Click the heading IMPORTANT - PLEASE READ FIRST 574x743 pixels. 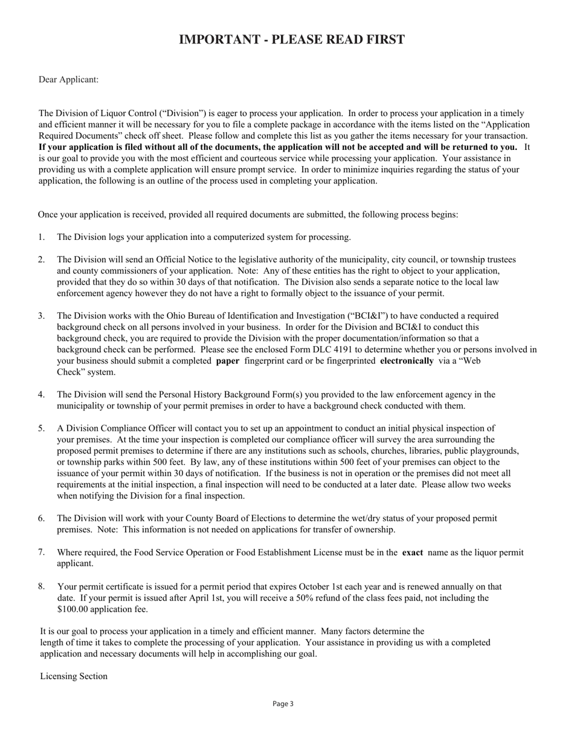pyautogui.click(x=292, y=40)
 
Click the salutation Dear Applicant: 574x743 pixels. pyautogui.click(x=68, y=80)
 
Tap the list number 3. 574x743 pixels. pyautogui.click(x=42, y=316)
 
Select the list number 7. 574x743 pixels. pyautogui.click(x=42, y=552)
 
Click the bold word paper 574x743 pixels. pyautogui.click(x=227, y=361)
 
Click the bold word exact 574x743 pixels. pyautogui.click(x=412, y=553)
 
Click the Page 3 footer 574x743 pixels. pyautogui.click(x=283, y=704)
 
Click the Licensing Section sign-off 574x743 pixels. pyautogui.click(x=74, y=677)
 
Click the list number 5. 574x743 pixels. pyautogui.click(x=42, y=428)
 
